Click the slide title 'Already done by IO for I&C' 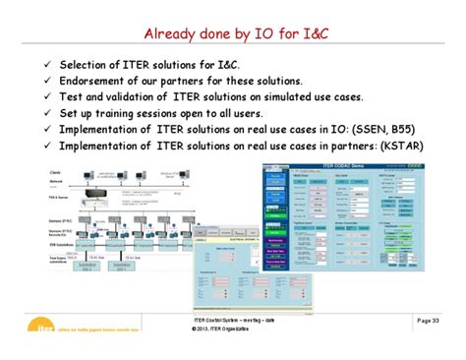233,34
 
